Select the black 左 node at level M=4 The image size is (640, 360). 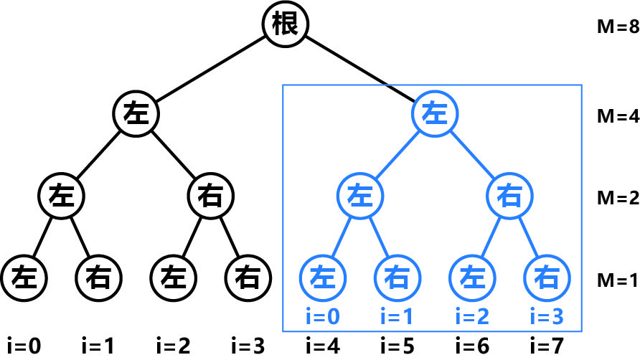(136, 113)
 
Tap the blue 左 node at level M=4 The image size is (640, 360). (435, 113)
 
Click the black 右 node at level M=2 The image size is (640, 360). (210, 194)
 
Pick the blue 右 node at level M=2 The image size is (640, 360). (509, 194)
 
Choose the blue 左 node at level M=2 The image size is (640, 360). (360, 194)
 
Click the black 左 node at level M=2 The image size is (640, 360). (62, 194)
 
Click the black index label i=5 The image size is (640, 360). (398, 346)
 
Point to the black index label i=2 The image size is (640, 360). (174, 346)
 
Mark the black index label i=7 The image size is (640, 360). (547, 346)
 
